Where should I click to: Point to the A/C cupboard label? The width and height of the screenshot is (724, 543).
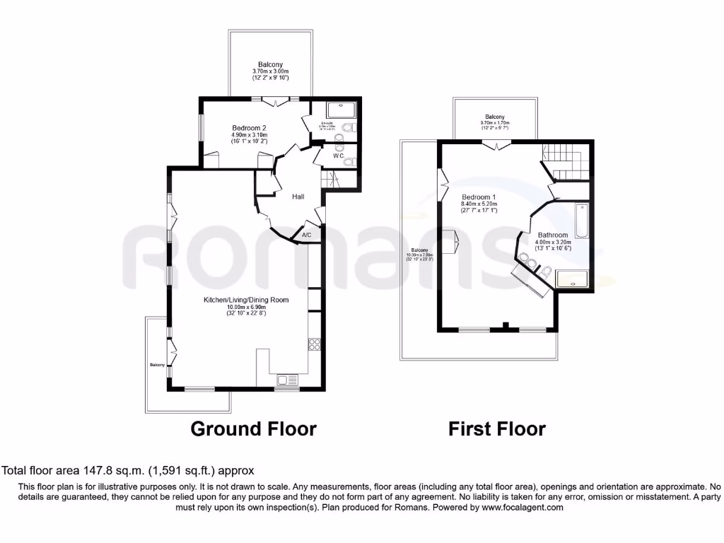(307, 235)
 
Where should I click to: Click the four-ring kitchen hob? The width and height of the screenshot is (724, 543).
(315, 345)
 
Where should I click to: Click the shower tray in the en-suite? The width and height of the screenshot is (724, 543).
(343, 110)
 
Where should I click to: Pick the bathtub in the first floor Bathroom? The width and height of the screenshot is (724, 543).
(581, 220)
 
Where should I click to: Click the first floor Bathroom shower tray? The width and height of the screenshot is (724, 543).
(572, 280)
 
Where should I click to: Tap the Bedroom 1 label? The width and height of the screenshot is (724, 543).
(479, 197)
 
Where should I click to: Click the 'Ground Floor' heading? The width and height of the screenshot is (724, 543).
(254, 428)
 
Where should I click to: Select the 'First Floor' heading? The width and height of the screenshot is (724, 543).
(497, 428)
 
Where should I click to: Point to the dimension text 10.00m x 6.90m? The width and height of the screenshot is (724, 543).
(247, 308)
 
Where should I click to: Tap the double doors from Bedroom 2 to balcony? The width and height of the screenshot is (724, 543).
(283, 102)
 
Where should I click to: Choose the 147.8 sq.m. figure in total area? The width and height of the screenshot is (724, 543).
(103, 470)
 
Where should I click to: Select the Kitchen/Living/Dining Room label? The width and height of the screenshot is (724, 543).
(247, 300)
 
